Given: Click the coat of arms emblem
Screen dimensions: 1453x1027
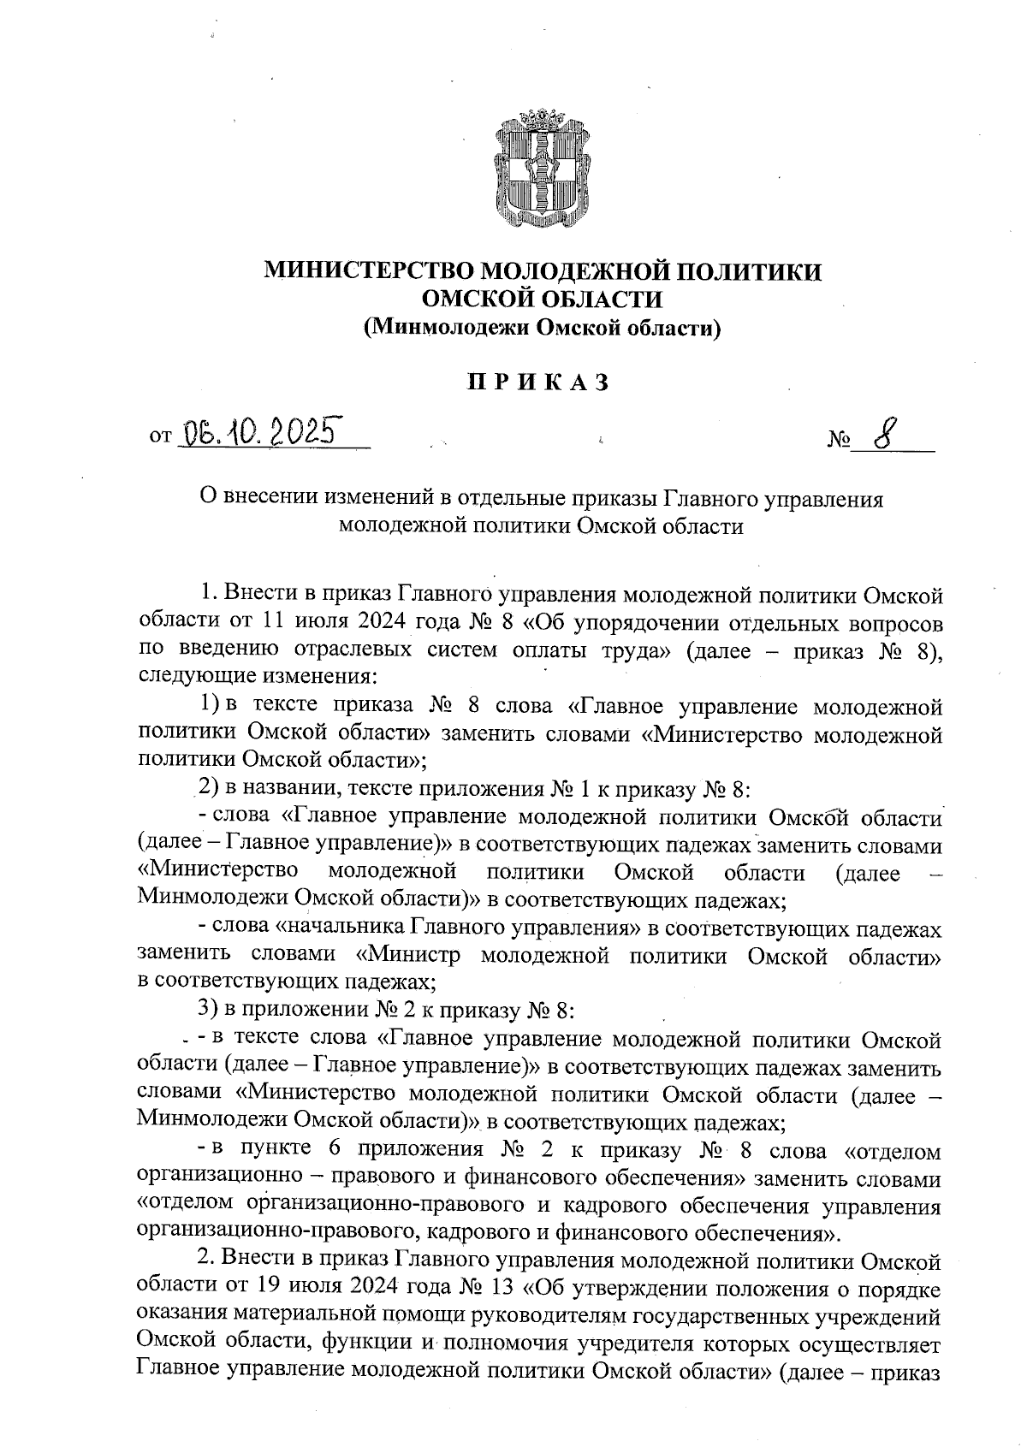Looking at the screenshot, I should click(x=543, y=170).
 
